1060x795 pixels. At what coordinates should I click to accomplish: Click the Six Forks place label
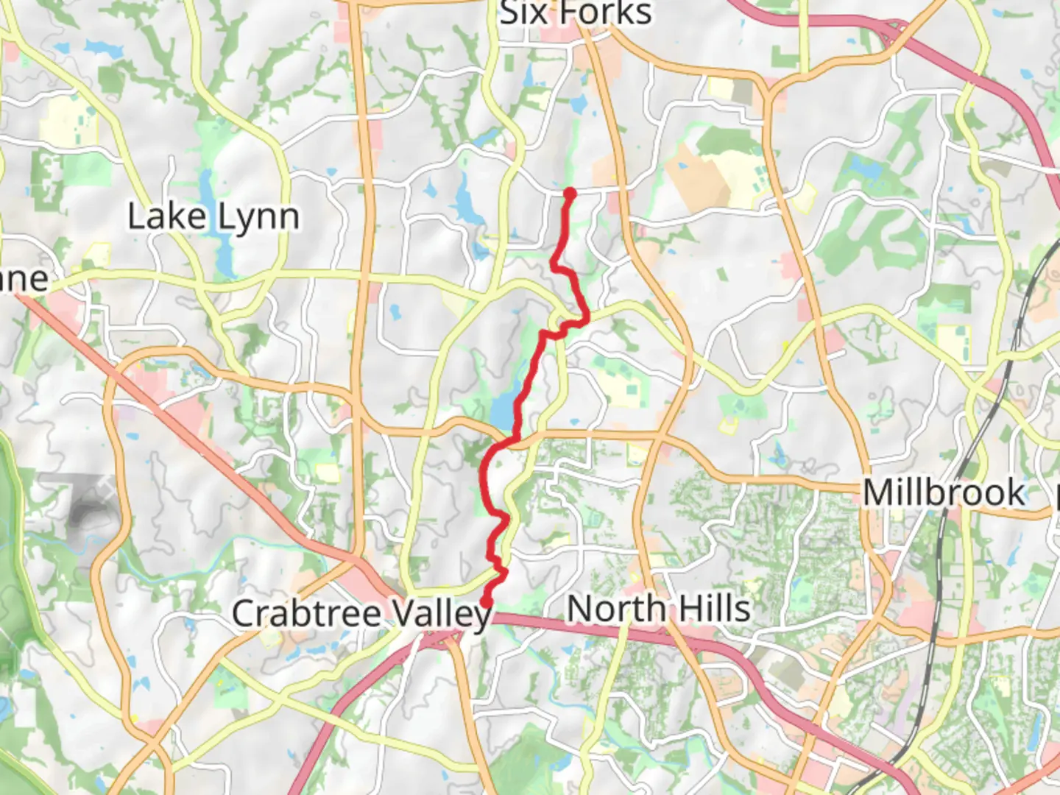tap(575, 13)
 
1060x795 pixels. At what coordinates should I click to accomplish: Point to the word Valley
tap(441, 614)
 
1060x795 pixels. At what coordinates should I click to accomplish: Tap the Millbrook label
tap(944, 492)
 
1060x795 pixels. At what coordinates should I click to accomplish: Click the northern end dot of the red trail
tap(570, 194)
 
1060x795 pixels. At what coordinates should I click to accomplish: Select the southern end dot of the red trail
tap(487, 603)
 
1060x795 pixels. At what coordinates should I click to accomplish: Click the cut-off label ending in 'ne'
tap(24, 280)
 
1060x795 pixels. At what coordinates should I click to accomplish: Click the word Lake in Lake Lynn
tap(166, 217)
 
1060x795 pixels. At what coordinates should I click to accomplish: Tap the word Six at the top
tap(523, 13)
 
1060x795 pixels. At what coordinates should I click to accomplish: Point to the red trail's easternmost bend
tap(587, 318)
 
